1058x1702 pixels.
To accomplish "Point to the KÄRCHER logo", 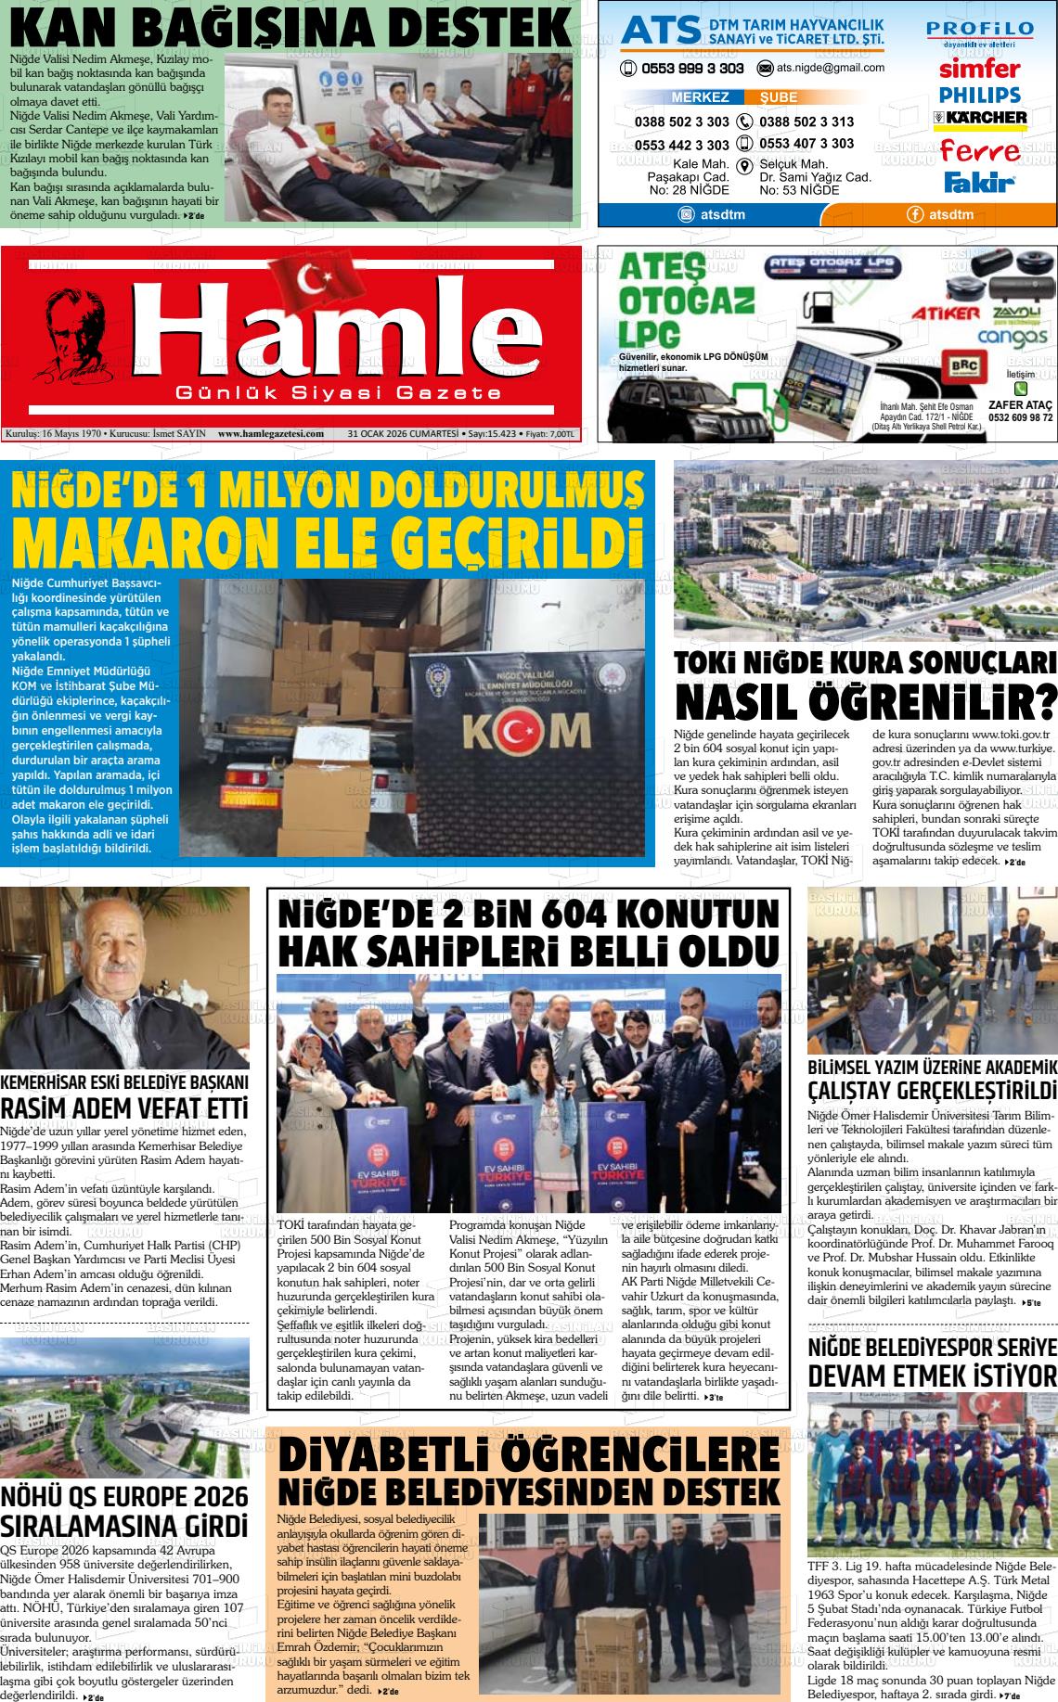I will pyautogui.click(x=980, y=118).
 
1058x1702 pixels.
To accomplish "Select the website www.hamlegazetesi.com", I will pyautogui.click(x=271, y=433).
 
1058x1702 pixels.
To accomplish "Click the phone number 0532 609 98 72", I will pyautogui.click(x=1020, y=417).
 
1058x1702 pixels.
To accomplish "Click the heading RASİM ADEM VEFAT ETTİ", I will pyautogui.click(x=124, y=1108).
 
